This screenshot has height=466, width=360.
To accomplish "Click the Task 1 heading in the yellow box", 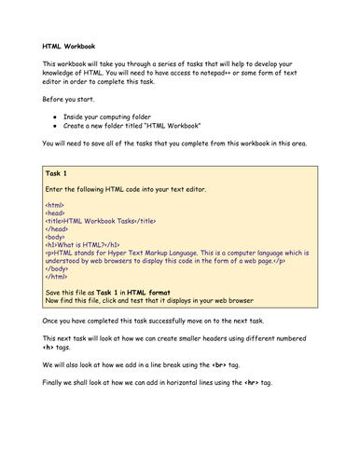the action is (x=58, y=173).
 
